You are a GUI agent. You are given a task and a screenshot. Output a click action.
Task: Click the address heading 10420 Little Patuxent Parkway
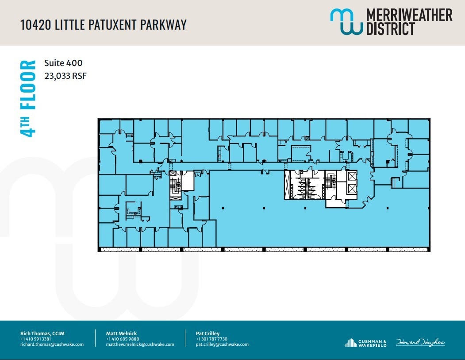[104, 25]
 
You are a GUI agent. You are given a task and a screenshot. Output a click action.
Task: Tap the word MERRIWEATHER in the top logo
[409, 15]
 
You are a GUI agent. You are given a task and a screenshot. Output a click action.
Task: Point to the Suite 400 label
[63, 63]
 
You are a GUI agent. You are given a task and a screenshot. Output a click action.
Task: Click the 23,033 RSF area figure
[65, 76]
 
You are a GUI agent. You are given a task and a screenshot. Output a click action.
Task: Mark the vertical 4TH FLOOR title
[28, 99]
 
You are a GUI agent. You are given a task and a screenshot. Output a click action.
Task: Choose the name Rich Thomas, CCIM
[42, 333]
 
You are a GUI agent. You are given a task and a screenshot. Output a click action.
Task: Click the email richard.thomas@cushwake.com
[52, 344]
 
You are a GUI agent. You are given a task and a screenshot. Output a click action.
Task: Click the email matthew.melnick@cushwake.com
[140, 344]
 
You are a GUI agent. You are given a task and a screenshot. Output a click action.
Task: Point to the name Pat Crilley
[208, 333]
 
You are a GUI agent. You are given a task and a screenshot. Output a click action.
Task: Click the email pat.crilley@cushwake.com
[222, 344]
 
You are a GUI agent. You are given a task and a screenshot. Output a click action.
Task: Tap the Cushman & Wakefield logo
[366, 342]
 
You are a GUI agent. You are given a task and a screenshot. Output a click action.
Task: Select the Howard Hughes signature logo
[420, 342]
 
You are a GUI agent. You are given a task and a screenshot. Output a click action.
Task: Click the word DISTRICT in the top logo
[391, 29]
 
